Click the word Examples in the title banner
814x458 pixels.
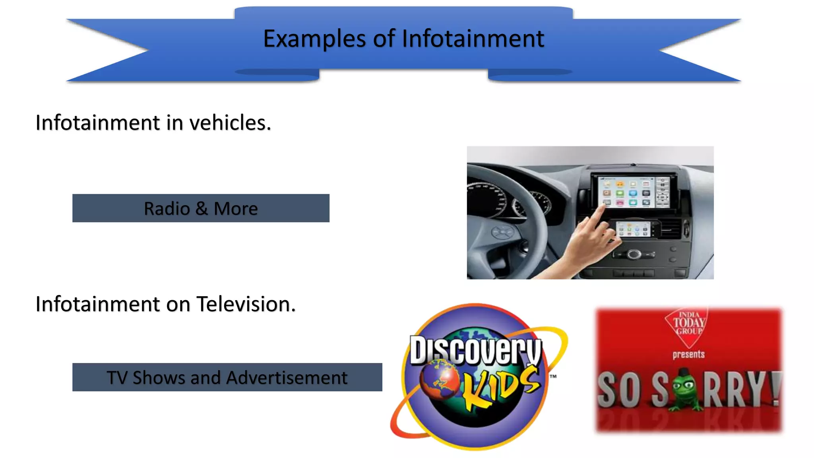click(314, 39)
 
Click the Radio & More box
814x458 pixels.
click(201, 208)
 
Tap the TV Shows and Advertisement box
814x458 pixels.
click(227, 377)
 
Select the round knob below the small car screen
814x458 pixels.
click(634, 254)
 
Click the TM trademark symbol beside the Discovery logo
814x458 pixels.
click(553, 376)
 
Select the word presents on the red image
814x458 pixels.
click(688, 354)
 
